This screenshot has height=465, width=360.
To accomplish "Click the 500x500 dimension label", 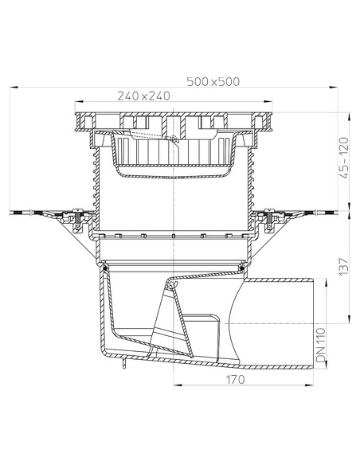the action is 213,81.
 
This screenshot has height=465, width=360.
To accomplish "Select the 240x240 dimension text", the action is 144,96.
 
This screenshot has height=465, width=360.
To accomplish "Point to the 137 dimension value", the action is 344,266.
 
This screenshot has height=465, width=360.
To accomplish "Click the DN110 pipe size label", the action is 320,345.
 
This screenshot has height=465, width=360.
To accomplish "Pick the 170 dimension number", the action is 236,379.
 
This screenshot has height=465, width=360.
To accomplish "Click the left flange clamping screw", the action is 78,220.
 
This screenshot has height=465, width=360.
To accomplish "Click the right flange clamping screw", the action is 269,220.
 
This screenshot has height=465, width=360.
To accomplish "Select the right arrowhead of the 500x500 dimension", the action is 334,88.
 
